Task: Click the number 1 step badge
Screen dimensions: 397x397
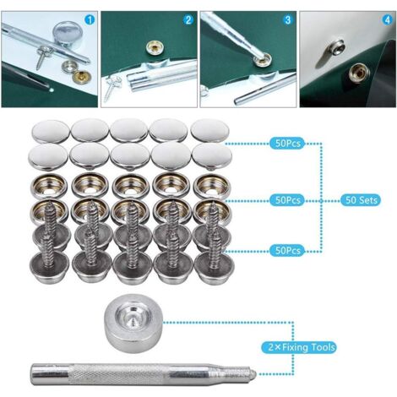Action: pos(90,19)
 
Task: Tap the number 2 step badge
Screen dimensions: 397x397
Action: pos(188,19)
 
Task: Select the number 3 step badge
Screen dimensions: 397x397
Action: pos(287,19)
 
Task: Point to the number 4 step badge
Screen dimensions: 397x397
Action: pos(387,19)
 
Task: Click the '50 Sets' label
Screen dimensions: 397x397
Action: pos(361,200)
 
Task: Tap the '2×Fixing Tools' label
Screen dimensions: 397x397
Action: pos(299,347)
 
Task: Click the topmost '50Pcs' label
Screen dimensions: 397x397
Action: pos(287,144)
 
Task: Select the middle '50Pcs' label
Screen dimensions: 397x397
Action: pos(287,200)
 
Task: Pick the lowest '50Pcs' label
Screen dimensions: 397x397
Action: pos(287,250)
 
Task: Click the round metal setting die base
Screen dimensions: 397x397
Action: pos(133,321)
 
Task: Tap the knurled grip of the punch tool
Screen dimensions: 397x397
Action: pos(120,374)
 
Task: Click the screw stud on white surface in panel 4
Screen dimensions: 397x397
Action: pos(335,47)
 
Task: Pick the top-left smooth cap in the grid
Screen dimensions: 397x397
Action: pos(51,132)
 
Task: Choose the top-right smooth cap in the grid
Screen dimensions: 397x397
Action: pos(210,131)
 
